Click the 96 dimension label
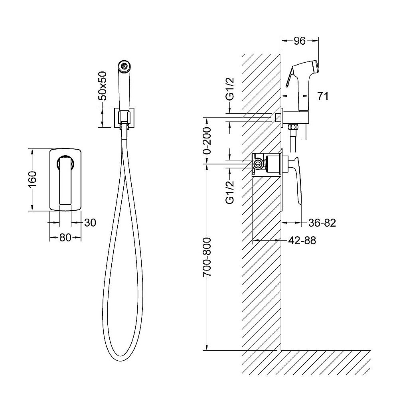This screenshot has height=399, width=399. tap(300, 41)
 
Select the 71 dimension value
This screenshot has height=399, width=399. tap(323, 96)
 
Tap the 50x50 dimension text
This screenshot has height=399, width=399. tap(103, 86)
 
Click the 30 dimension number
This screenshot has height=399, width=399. tap(90, 223)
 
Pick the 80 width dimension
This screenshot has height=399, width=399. tap(65, 238)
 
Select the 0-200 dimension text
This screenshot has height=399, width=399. tap(207, 141)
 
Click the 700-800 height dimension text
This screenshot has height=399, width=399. tap(207, 257)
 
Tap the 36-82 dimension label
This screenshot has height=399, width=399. tap(322, 223)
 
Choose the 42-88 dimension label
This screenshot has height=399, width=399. tap(302, 241)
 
